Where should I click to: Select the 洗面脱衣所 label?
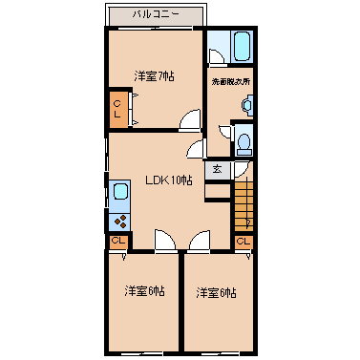pyautogui.click(x=231, y=82)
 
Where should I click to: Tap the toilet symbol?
pyautogui.click(x=244, y=142)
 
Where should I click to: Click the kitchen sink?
pyautogui.click(x=120, y=195)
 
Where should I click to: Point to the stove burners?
pyautogui.click(x=120, y=221)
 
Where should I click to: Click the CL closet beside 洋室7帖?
pyautogui.click(x=117, y=108)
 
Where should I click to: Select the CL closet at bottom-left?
pyautogui.click(x=117, y=242)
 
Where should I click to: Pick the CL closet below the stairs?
pyautogui.click(x=242, y=242)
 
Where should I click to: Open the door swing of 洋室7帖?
pyautogui.click(x=191, y=121)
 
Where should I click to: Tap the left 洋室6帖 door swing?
pyautogui.click(x=164, y=241)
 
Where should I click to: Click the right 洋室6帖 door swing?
pyautogui.click(x=200, y=241)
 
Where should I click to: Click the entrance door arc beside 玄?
pyautogui.click(x=241, y=169)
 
